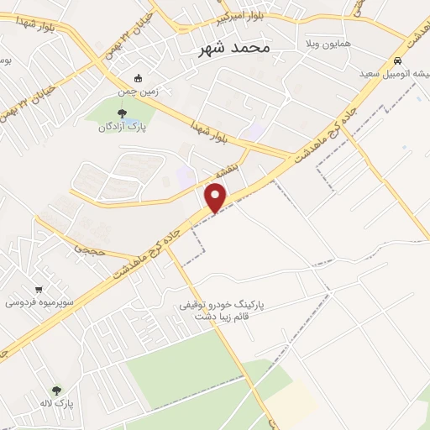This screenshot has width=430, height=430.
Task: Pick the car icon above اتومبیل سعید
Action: click(397, 61)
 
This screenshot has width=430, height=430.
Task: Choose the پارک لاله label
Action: click(59, 404)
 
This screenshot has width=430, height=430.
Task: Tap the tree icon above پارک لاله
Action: click(56, 390)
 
